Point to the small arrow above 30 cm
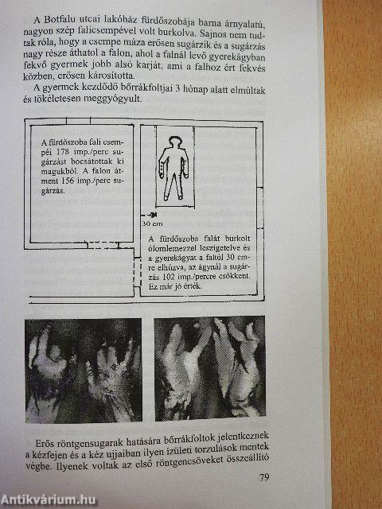(151, 214)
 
